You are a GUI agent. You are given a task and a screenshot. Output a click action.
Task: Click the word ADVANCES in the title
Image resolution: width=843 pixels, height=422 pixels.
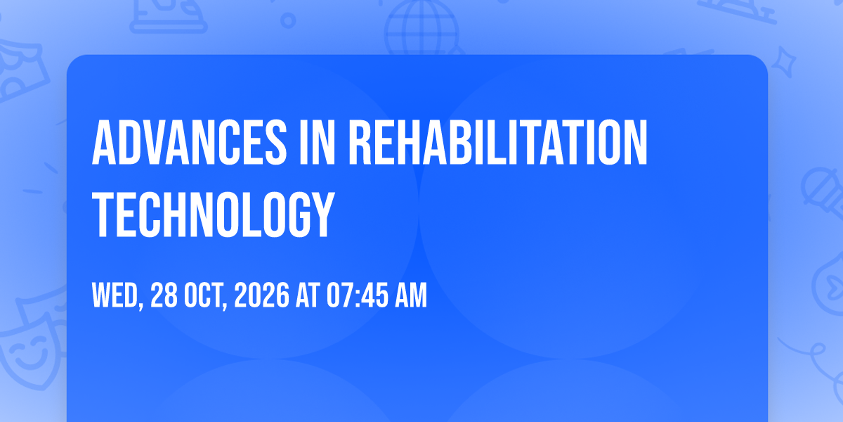tap(189, 142)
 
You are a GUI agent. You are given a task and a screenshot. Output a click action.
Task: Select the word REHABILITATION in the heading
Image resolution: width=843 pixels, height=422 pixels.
tap(498, 142)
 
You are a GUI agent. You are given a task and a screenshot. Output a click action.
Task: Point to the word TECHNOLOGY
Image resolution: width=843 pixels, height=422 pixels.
tap(213, 215)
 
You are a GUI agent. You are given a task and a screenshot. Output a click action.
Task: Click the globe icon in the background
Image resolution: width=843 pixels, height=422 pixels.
tap(421, 27)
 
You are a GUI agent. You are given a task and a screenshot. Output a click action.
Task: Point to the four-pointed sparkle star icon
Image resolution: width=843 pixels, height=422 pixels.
tap(783, 62)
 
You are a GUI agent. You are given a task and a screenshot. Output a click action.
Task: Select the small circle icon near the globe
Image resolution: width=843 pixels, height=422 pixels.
tap(288, 20)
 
